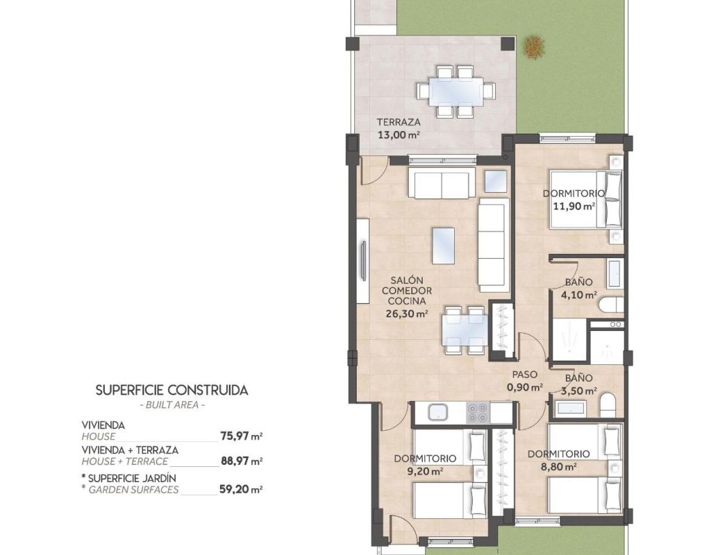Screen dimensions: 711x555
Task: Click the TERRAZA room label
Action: point(399,122)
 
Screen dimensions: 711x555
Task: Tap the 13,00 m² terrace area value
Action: point(399,135)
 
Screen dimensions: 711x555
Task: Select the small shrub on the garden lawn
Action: point(533,47)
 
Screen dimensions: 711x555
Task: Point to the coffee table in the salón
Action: point(443,245)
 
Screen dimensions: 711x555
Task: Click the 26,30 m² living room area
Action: point(407,313)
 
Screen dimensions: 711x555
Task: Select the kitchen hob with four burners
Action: point(478,412)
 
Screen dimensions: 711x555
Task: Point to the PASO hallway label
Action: point(525,375)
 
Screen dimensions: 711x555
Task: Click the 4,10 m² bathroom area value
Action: point(578,295)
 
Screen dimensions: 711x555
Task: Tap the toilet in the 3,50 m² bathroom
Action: point(608,405)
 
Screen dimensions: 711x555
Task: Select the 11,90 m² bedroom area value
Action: point(574,206)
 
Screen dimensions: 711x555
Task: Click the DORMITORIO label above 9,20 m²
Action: point(425,459)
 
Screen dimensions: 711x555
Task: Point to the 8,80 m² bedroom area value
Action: point(558,466)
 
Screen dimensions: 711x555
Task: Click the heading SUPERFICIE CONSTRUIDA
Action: point(172,390)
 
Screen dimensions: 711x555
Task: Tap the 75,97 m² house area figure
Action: point(241,436)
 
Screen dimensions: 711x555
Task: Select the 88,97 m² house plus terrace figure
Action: point(242,461)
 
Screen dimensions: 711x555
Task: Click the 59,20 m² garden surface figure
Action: point(242,489)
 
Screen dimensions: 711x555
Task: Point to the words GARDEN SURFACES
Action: point(133,489)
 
